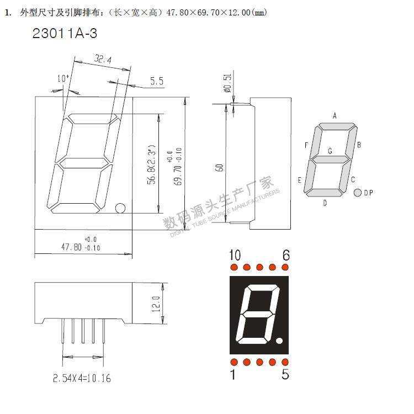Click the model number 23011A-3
[65, 33]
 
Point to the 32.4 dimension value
[104, 59]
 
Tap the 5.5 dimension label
[156, 82]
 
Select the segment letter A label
[335, 115]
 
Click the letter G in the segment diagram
[330, 151]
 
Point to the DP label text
[368, 193]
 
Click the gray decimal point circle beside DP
[357, 193]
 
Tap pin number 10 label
[235, 255]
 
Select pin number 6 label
[285, 255]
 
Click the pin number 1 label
[233, 375]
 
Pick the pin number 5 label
[285, 375]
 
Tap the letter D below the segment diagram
[325, 203]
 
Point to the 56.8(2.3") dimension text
[150, 165]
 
